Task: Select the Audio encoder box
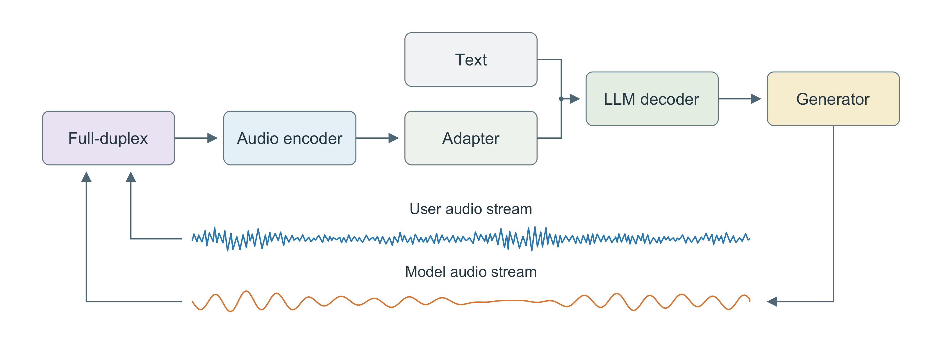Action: point(290,138)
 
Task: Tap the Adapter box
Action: point(471,138)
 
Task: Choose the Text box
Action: point(471,60)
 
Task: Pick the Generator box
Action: point(833,99)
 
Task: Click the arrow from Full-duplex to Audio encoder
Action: point(196,138)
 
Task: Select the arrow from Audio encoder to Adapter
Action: point(377,138)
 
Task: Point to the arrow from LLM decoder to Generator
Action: point(740,99)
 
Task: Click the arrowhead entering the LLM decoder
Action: point(575,99)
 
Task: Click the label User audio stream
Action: point(471,209)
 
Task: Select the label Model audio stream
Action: point(471,272)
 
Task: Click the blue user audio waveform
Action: point(471,238)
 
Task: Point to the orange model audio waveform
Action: point(471,301)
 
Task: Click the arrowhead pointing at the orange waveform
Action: point(772,302)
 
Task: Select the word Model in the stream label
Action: point(425,272)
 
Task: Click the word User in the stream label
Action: point(425,209)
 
